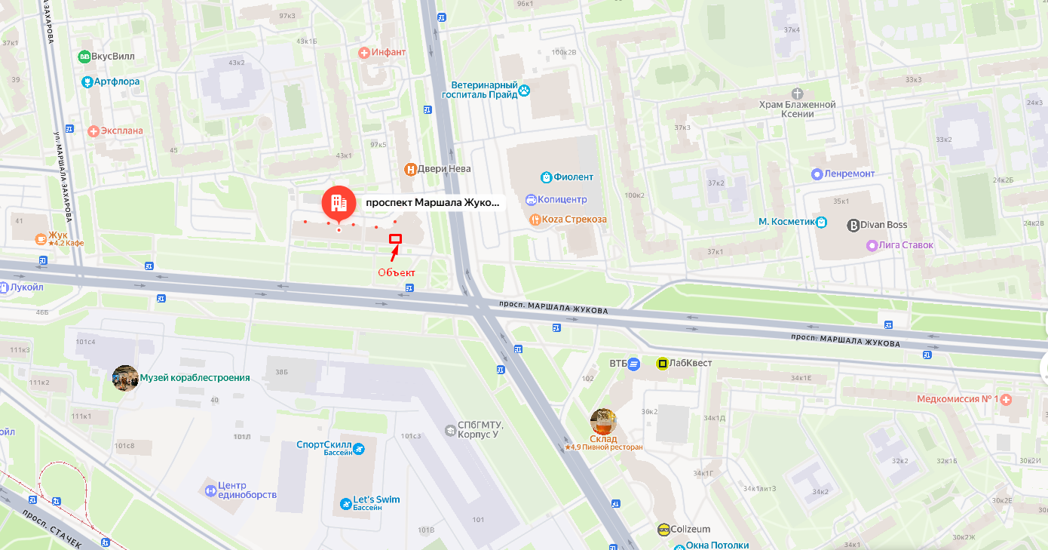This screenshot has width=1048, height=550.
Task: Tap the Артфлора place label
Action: tap(116, 81)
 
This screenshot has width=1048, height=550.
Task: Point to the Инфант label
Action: tap(388, 52)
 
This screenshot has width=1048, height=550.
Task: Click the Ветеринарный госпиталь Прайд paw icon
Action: tap(524, 91)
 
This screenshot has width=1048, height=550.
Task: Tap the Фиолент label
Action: tap(573, 177)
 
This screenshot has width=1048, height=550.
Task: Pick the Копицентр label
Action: tap(562, 200)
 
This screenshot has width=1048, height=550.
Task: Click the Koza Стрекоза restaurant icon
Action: tap(535, 220)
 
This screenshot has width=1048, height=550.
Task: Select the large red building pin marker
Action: tap(339, 204)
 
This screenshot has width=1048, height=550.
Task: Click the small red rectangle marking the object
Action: tap(395, 238)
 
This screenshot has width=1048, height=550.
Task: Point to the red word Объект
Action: tap(397, 272)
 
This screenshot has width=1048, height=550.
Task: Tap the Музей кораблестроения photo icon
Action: tap(125, 378)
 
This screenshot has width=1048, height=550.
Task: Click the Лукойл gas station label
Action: tap(26, 287)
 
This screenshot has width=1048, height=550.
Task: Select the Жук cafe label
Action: tap(58, 235)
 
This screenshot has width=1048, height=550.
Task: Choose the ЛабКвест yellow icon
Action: tap(662, 364)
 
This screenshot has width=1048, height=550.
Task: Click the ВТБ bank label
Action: tap(618, 364)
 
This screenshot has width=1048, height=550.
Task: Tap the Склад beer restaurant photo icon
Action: tap(603, 421)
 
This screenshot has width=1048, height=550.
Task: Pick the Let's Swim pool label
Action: tap(376, 499)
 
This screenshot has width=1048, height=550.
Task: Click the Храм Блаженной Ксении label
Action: tap(797, 109)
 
